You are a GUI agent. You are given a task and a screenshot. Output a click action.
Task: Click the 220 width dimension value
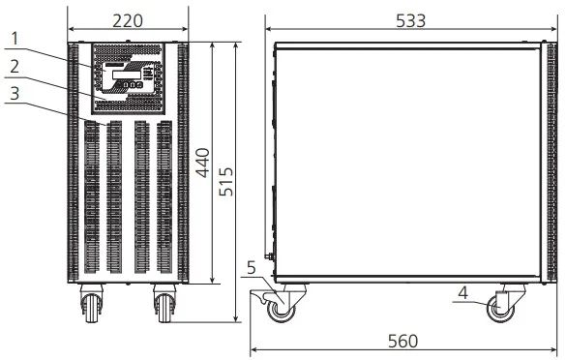click(x=128, y=21)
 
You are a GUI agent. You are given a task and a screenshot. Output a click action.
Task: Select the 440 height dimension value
click(x=203, y=163)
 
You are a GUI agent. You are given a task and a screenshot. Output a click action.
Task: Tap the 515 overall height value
click(x=226, y=182)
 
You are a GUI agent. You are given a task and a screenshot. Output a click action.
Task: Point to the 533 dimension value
click(x=411, y=20)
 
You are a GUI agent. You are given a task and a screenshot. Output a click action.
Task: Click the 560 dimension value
click(x=402, y=341)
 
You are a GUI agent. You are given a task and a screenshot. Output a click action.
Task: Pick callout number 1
click(x=15, y=39)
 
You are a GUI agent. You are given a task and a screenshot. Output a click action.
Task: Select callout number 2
click(x=15, y=67)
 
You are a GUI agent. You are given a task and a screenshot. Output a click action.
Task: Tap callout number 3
click(x=15, y=94)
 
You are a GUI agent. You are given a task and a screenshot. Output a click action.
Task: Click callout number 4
click(x=463, y=293)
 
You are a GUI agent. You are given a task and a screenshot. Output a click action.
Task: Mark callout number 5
click(x=252, y=268)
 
